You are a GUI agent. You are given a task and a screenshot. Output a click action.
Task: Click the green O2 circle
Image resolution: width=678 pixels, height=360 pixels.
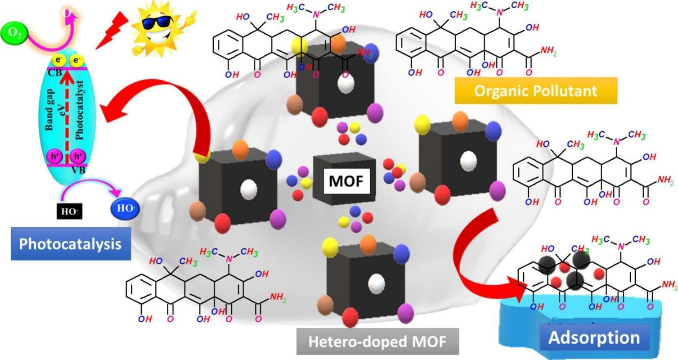(x=14, y=33)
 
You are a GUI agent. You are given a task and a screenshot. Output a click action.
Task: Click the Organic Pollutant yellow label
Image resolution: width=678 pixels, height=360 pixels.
(x=535, y=90)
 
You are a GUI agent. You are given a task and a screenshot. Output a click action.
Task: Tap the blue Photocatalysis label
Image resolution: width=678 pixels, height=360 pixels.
(x=71, y=243)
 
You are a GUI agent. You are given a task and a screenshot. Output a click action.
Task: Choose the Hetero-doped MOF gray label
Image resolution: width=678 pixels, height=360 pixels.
(x=377, y=341)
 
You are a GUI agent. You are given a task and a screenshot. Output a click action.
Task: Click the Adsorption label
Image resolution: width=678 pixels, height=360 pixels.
(x=594, y=337)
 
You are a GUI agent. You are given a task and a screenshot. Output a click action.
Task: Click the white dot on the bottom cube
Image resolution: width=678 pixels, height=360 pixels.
(x=376, y=283)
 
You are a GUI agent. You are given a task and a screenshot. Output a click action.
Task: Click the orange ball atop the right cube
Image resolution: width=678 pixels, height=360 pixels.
(x=460, y=121)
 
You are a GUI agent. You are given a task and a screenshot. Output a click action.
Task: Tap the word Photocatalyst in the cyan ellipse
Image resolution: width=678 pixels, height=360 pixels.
(x=80, y=110)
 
